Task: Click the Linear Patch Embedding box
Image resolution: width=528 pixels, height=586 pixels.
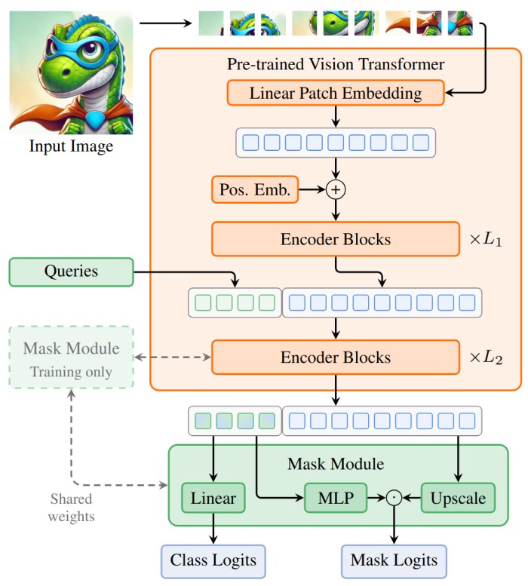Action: tap(336, 94)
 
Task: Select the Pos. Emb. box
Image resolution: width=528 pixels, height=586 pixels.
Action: tap(255, 190)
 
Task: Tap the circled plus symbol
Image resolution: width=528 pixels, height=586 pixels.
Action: tap(336, 190)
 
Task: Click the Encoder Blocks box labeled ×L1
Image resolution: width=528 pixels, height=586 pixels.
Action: tap(336, 240)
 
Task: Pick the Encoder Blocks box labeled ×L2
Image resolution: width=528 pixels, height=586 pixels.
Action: tap(336, 357)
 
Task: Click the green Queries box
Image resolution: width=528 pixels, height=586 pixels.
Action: tap(71, 272)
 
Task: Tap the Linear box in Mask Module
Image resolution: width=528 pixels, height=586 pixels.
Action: tap(213, 498)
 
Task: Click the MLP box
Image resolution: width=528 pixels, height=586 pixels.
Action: tap(335, 498)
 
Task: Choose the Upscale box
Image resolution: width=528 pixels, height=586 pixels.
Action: tap(458, 498)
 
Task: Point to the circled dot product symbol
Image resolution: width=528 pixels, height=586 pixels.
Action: tap(392, 498)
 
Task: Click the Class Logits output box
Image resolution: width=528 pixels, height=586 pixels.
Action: tap(213, 560)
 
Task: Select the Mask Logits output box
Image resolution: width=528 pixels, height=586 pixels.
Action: tap(393, 560)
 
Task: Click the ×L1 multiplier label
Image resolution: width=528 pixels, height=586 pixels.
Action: tap(487, 240)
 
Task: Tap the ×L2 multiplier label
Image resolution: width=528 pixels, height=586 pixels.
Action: tap(487, 357)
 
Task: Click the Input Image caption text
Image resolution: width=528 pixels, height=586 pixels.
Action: tap(71, 146)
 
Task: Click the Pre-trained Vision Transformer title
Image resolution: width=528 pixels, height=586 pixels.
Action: tap(336, 64)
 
